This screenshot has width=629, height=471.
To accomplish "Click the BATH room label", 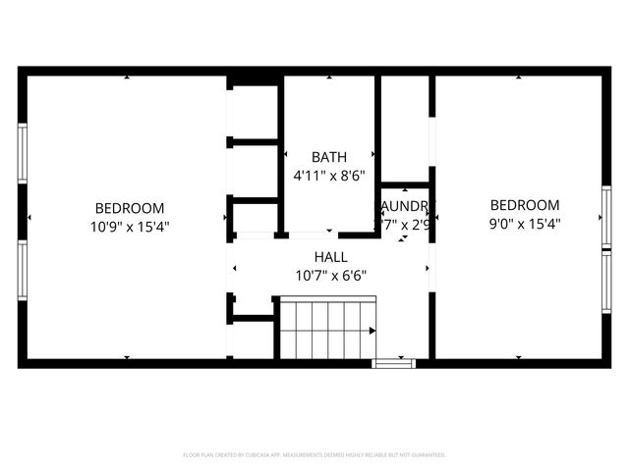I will (x=329, y=157).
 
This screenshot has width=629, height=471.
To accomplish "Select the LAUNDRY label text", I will (x=405, y=207).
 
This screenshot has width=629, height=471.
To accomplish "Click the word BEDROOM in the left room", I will (x=129, y=208).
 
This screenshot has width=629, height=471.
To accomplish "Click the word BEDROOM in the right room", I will (x=525, y=205).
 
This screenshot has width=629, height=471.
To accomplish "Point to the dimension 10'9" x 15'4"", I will (x=129, y=226).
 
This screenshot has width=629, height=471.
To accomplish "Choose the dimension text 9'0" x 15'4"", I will (x=525, y=223).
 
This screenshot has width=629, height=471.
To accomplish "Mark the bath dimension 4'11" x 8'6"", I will (x=329, y=175).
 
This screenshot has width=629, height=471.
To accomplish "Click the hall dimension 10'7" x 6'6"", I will (x=330, y=277).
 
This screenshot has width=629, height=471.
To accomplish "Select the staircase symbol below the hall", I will (x=326, y=332).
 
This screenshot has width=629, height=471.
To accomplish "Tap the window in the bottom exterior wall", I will (x=394, y=363).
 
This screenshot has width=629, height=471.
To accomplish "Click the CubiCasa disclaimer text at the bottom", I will (x=314, y=455).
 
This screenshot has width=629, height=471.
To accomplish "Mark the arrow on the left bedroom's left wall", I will (x=29, y=216).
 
